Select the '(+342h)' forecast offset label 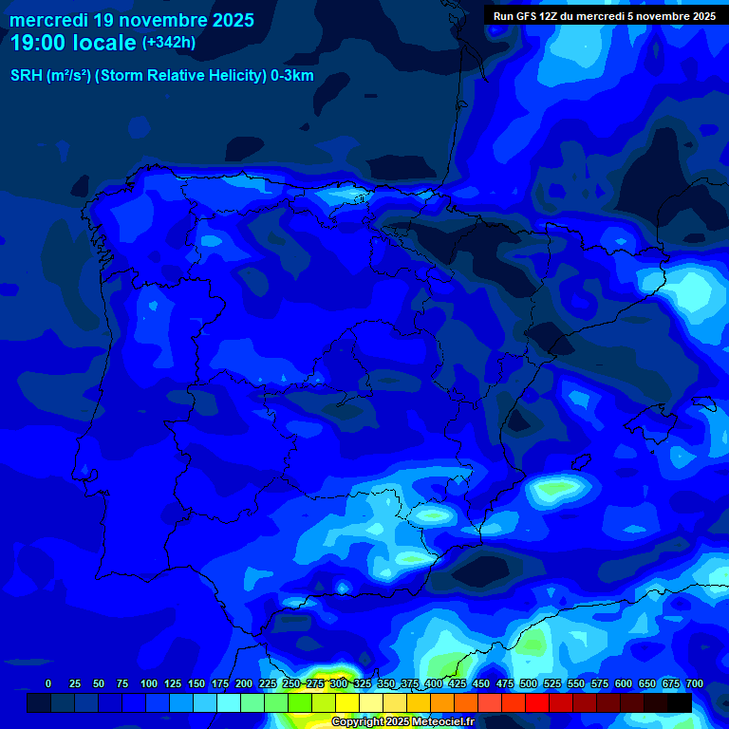click(x=168, y=43)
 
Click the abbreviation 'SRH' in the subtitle click(x=27, y=76)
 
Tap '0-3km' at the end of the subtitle click(x=291, y=76)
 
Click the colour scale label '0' click(x=48, y=683)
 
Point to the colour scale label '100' click(x=149, y=683)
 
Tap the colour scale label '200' click(x=244, y=683)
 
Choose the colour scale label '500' click(x=529, y=683)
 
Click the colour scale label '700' click(x=695, y=683)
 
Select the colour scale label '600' click(x=624, y=683)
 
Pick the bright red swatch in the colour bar click(x=537, y=702)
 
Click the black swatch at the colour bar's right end click(x=680, y=702)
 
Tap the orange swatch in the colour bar click(x=442, y=702)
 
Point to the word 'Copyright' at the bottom click(x=359, y=722)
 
